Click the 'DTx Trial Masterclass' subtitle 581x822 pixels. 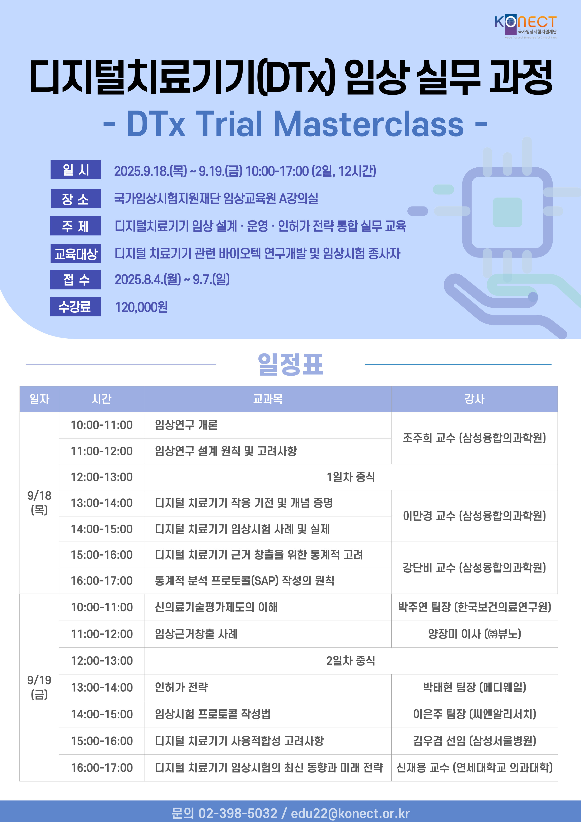click(295, 124)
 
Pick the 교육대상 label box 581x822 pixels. click(76, 254)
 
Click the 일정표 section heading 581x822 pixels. click(290, 364)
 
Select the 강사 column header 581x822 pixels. click(474, 399)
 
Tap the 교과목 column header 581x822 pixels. click(268, 399)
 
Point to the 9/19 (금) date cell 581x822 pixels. click(39, 687)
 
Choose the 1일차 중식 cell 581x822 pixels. click(351, 477)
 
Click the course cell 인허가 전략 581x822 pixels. click(268, 687)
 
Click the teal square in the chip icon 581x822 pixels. click(507, 212)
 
